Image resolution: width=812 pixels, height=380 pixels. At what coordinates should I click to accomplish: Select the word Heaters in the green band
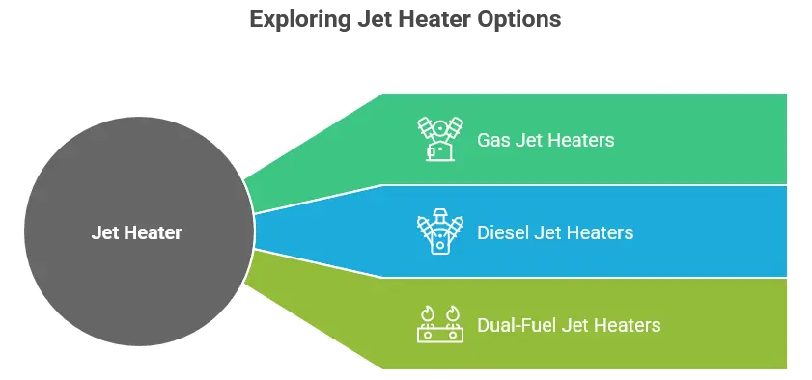tap(580, 140)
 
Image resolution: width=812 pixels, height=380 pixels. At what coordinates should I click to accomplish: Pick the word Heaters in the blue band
tap(600, 232)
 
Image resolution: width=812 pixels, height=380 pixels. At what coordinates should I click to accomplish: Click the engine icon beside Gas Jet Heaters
tap(436, 139)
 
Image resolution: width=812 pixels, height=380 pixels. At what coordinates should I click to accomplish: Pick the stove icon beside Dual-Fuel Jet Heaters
tap(436, 325)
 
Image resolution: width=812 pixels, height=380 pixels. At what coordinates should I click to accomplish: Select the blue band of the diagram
tap(676, 232)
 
